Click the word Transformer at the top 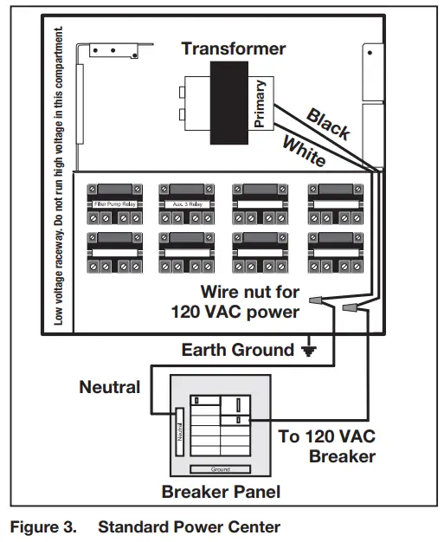[x=234, y=48]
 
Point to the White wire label [x=304, y=148]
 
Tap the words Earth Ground [x=237, y=351]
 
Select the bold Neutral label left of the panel [x=109, y=387]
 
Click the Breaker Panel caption [x=221, y=493]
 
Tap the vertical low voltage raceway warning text [x=59, y=173]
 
